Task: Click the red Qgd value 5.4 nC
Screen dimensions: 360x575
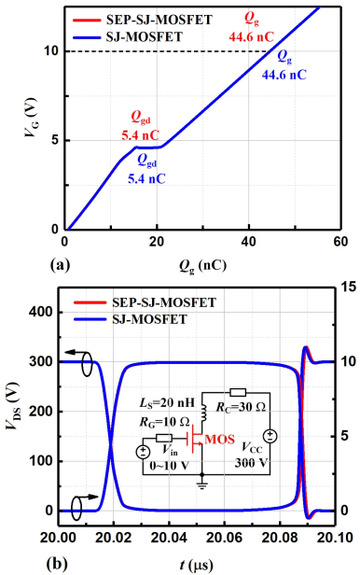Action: (140, 135)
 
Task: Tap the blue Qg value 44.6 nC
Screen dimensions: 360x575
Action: (284, 75)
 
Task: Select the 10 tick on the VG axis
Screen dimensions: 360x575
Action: (51, 51)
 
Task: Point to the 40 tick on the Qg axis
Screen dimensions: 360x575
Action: (249, 242)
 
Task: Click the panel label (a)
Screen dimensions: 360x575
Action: (60, 264)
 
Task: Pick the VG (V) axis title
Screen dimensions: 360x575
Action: (31, 118)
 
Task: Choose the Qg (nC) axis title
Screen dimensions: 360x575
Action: (202, 265)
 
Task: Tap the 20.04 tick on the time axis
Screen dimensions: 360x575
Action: (169, 538)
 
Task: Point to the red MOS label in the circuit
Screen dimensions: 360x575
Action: (219, 439)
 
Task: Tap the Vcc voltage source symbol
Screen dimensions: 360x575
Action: (270, 436)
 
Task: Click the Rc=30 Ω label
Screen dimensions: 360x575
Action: (241, 407)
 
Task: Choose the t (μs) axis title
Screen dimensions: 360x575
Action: (196, 565)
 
